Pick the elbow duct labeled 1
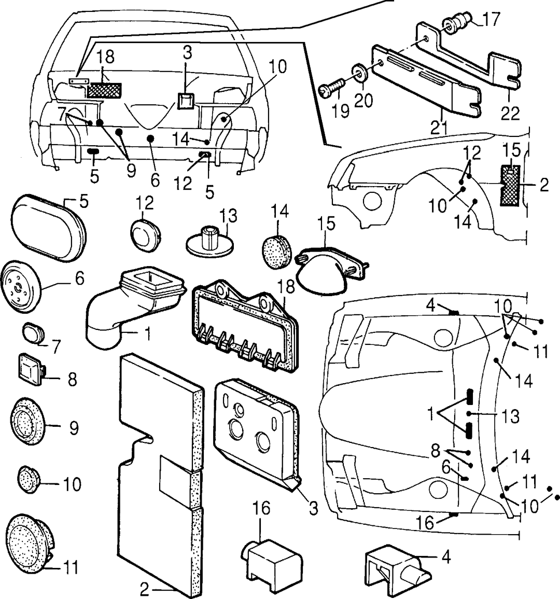(x=133, y=305)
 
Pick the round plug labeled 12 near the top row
(x=146, y=235)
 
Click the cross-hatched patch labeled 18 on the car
(x=104, y=91)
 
